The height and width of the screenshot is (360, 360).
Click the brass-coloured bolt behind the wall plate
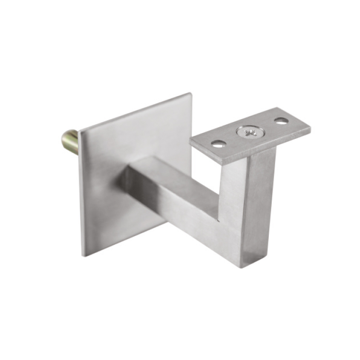[70, 142]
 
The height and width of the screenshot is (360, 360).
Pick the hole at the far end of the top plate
[281, 121]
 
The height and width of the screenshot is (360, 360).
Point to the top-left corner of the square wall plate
[80, 130]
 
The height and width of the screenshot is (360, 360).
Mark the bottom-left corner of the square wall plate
[83, 255]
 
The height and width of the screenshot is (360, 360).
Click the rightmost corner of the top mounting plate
[310, 128]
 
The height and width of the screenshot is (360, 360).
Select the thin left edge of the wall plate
[80, 192]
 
